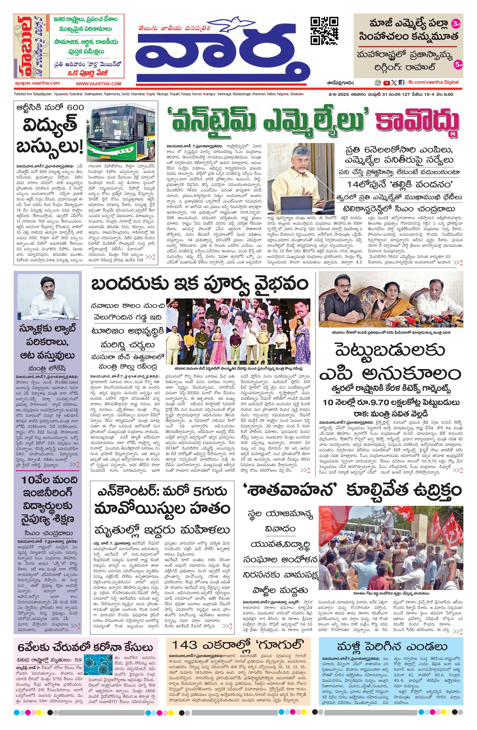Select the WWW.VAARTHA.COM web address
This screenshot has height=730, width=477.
point(99,83)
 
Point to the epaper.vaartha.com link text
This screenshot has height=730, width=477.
point(37,83)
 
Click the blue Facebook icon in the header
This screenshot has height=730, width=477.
point(401,83)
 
